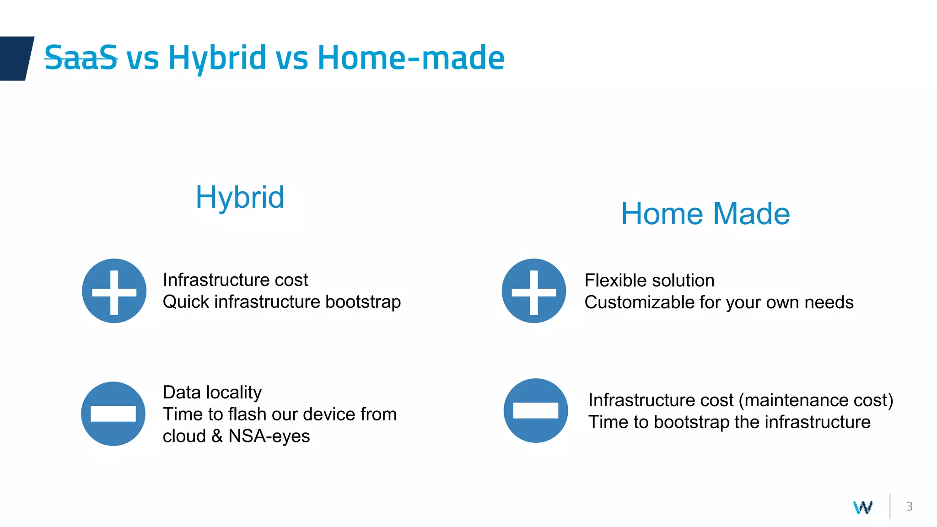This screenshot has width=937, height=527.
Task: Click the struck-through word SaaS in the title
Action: click(x=81, y=58)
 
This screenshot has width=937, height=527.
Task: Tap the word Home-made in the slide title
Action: click(x=410, y=58)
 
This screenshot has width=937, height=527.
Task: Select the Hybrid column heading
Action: click(x=240, y=198)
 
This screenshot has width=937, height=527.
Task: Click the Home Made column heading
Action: click(x=705, y=214)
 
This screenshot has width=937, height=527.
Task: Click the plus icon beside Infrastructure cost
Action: click(x=114, y=291)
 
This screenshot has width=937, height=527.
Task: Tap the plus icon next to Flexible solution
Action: click(x=533, y=291)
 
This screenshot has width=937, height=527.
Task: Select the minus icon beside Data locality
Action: click(x=113, y=414)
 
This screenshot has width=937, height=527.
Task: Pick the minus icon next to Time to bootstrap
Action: click(x=535, y=410)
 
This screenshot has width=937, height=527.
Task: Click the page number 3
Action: click(x=909, y=506)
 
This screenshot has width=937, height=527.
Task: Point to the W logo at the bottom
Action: click(x=862, y=507)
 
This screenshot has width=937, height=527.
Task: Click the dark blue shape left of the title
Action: click(x=16, y=58)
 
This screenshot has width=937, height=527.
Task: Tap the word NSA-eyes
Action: click(x=269, y=436)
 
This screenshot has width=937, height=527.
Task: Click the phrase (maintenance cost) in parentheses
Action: click(x=816, y=400)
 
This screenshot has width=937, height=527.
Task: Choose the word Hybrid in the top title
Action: click(x=217, y=58)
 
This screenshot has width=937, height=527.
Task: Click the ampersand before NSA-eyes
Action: click(x=217, y=436)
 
